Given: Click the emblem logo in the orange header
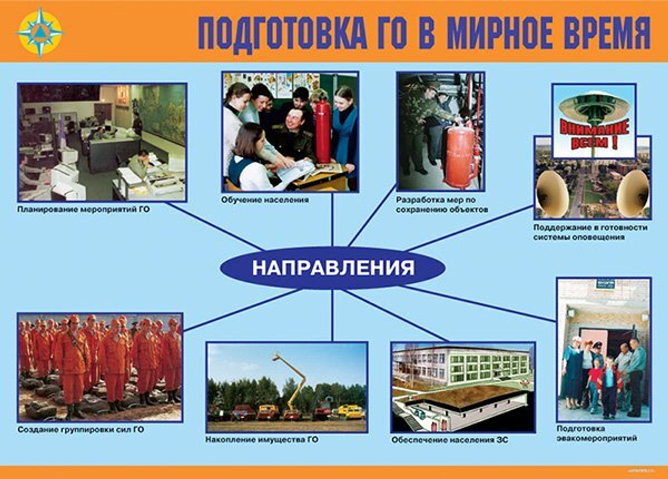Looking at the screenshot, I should click(40, 31).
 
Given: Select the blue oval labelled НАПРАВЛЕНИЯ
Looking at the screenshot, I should click(333, 268).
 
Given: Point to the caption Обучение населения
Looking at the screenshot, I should click(265, 200).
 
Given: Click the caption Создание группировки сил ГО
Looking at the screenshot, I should click(81, 429).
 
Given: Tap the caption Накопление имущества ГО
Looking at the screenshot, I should click(262, 440).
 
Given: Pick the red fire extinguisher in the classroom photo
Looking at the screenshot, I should click(323, 130).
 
